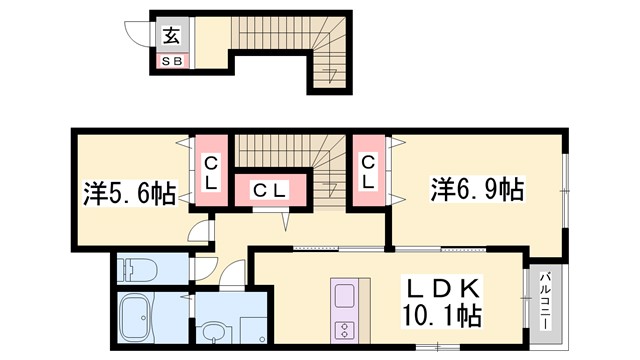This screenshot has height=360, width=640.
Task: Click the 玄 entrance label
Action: (171, 37)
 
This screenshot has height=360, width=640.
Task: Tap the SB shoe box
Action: (171, 62)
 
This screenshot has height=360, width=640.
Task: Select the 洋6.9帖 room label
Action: (476, 188)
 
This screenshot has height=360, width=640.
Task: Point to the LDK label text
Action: (444, 290)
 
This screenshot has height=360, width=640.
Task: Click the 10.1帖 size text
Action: (444, 317)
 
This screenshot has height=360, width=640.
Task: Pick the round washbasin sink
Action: (212, 330)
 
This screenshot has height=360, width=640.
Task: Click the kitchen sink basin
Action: (344, 297)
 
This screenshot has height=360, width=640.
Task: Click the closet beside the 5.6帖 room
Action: (211, 172)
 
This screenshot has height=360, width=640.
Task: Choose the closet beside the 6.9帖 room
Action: (368, 172)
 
